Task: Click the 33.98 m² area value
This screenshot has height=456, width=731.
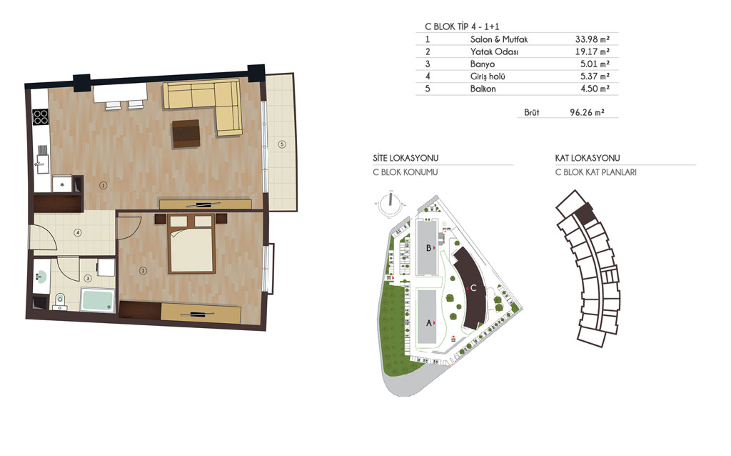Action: [592, 39]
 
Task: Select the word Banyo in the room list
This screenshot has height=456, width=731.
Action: [483, 64]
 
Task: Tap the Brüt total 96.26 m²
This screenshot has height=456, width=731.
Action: [587, 112]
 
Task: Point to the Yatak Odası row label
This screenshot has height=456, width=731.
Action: [494, 51]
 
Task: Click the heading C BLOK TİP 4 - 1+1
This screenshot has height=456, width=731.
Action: [462, 26]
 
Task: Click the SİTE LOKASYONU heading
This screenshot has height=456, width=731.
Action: [405, 158]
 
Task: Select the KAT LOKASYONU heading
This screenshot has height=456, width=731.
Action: [588, 158]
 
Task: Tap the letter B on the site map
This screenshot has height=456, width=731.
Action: [428, 248]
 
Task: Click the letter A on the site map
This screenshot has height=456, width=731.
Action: [429, 323]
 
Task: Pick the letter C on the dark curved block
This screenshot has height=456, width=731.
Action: [473, 288]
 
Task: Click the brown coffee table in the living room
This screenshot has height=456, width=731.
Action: [186, 134]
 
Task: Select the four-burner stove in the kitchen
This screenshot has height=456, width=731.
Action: [41, 117]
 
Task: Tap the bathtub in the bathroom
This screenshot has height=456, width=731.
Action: [98, 299]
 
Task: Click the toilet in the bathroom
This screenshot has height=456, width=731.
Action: [60, 300]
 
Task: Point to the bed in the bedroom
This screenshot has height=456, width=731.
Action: [191, 243]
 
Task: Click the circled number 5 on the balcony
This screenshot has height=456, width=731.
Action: [281, 144]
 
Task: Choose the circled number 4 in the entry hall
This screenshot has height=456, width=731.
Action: [78, 232]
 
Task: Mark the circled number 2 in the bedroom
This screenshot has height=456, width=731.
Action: [143, 270]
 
